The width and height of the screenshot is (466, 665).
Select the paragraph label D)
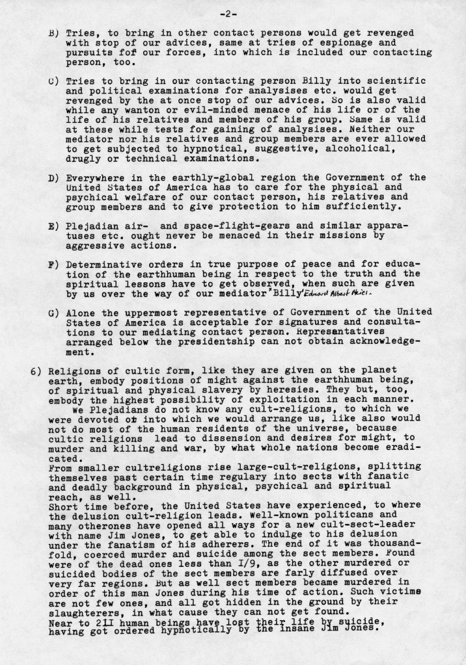[x=45, y=177]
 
